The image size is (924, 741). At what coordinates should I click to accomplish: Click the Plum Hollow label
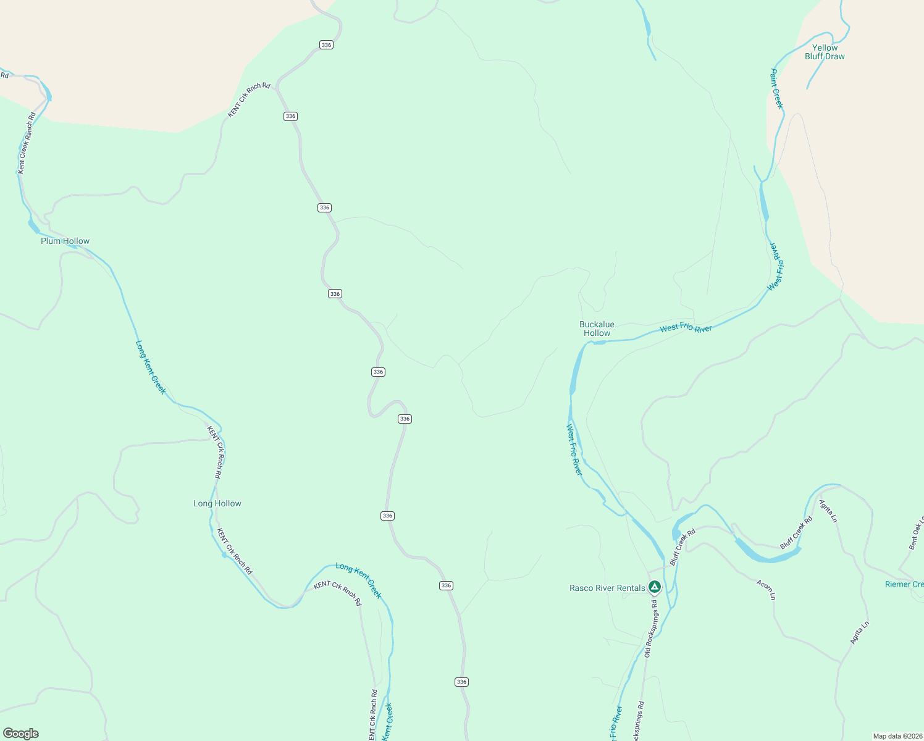(x=65, y=241)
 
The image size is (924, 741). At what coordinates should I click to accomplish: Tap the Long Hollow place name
(x=217, y=503)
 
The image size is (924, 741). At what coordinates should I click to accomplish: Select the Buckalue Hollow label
(x=597, y=329)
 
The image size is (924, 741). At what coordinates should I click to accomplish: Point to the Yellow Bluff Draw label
(x=825, y=52)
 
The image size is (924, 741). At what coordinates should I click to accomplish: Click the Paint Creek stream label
(x=776, y=89)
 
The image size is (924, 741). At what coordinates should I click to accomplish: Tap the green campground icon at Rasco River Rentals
(x=655, y=587)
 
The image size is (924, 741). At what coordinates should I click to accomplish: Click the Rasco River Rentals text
(x=607, y=588)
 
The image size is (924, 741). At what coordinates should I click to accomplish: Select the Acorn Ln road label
(x=766, y=589)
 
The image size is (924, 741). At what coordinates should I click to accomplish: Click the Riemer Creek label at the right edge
(x=904, y=584)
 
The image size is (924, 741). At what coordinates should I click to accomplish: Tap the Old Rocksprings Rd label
(x=651, y=633)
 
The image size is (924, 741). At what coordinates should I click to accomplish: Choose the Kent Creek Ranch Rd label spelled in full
(x=26, y=143)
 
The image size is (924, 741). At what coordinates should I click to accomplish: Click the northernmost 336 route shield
(x=326, y=44)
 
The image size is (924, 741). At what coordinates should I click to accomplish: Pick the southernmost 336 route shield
(x=461, y=682)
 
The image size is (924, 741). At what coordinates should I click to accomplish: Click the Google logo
(x=20, y=734)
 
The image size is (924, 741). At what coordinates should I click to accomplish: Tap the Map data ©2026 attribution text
(x=897, y=736)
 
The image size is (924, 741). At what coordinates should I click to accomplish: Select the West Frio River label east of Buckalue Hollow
(x=686, y=328)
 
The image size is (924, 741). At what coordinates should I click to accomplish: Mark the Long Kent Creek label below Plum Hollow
(x=151, y=367)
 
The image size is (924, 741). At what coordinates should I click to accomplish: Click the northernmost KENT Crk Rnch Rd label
(x=249, y=99)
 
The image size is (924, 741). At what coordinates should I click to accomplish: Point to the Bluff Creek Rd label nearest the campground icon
(x=682, y=546)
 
